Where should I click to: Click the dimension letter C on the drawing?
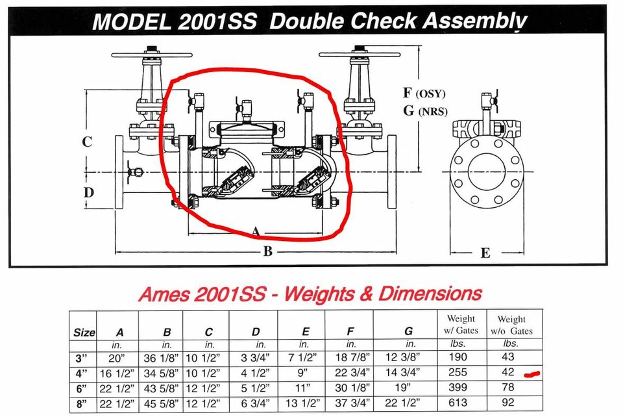(x=87, y=142)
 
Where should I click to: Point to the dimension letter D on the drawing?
(x=88, y=192)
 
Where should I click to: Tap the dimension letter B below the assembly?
(x=267, y=252)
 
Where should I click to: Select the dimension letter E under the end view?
(x=485, y=253)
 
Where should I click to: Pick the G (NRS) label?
(x=424, y=110)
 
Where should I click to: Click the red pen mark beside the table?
(x=532, y=373)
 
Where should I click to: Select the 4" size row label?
(x=84, y=373)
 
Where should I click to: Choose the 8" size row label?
(x=84, y=403)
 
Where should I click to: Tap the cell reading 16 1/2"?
(x=119, y=373)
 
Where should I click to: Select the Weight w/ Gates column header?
(x=461, y=324)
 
